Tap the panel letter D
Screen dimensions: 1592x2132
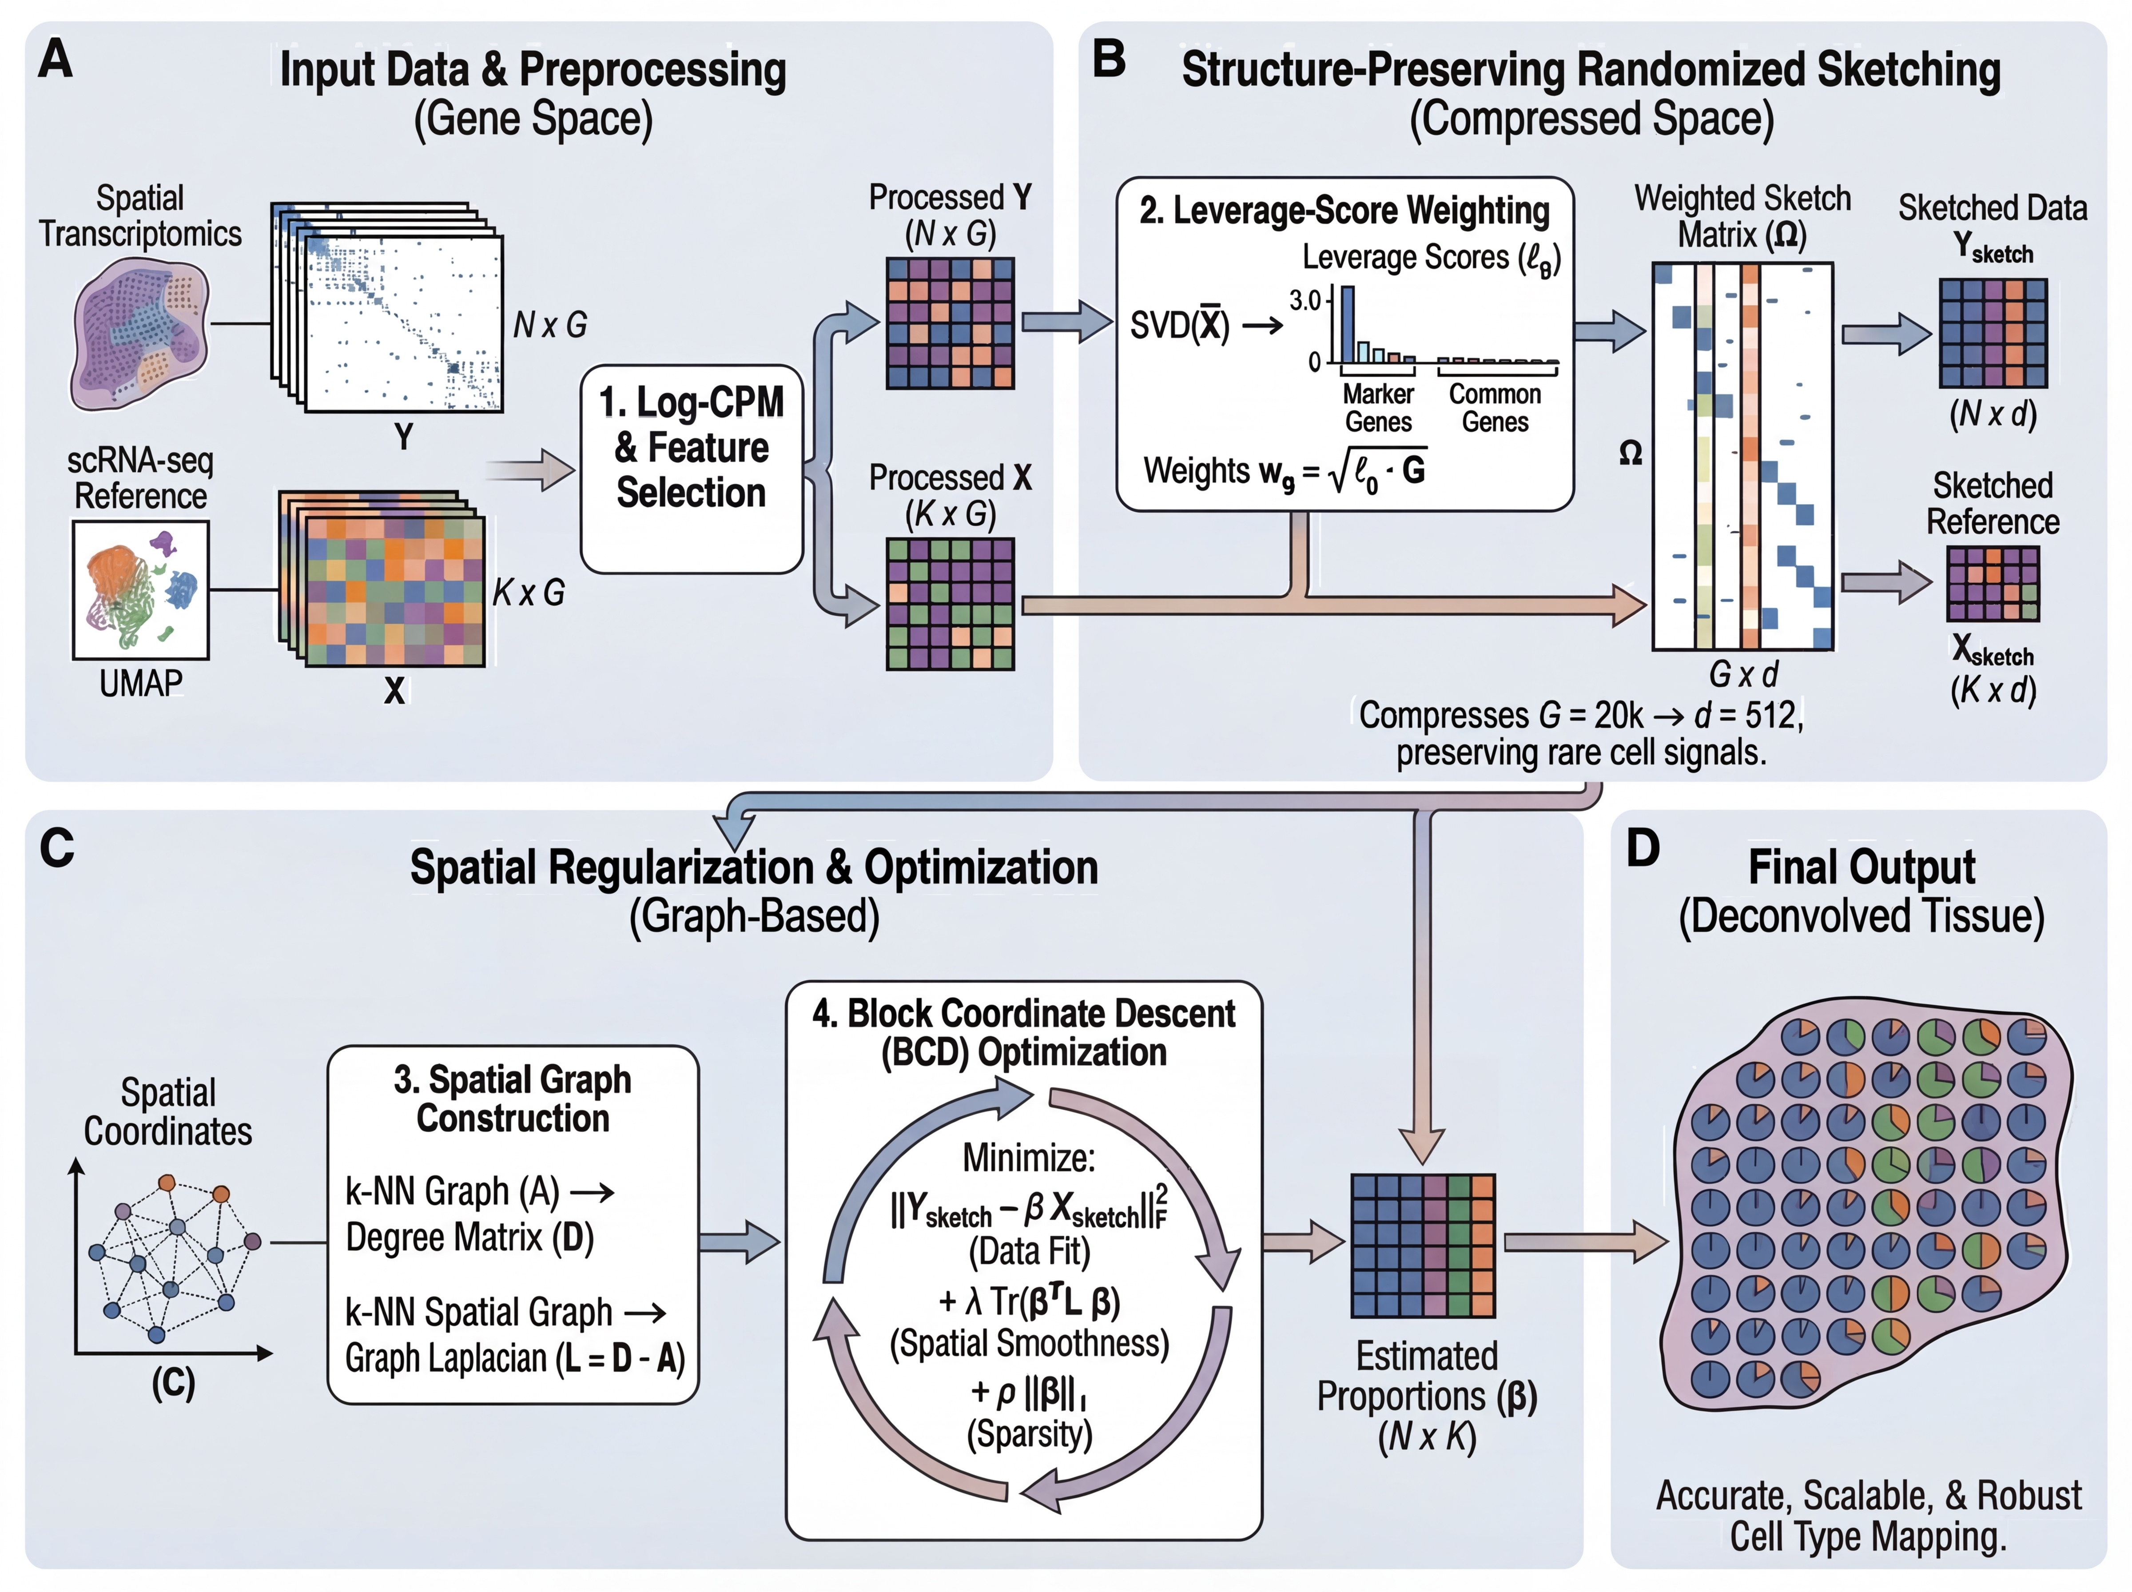(x=1643, y=848)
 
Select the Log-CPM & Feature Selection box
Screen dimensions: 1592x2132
(x=692, y=470)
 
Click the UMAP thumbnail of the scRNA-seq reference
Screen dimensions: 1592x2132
(x=141, y=590)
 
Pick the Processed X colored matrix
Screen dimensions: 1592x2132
(x=950, y=603)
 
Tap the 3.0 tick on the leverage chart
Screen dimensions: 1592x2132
(x=1305, y=301)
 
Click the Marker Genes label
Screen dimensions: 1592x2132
(x=1378, y=408)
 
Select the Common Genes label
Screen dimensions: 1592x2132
(x=1495, y=408)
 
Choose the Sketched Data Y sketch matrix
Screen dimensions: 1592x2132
(x=1992, y=332)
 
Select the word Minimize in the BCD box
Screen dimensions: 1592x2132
(x=1029, y=1158)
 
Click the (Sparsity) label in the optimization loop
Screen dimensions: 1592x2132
(x=1029, y=1434)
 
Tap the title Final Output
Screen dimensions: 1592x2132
(x=1862, y=868)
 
